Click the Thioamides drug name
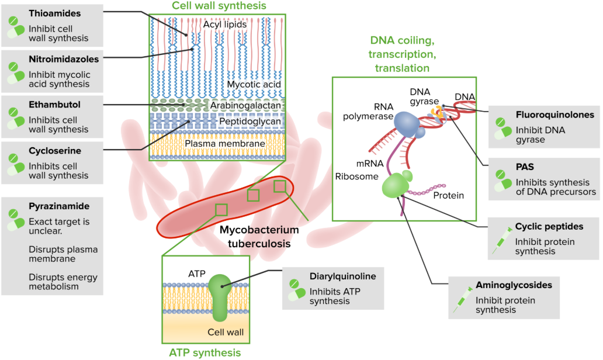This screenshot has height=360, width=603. pos(54,13)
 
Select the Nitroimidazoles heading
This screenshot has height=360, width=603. pos(64,59)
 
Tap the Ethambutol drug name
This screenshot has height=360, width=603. pos(54,105)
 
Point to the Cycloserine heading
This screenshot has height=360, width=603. pos(55,151)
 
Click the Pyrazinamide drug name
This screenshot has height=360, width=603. pos(59,206)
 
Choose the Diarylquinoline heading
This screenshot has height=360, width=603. pos(342,276)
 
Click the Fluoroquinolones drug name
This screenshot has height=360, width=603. pos(555,115)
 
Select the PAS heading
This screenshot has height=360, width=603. pos(525,167)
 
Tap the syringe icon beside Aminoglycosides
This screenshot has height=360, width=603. pos(463,300)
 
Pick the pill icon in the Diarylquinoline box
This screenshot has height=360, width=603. pos(296,290)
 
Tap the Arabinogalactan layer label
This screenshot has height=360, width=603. pos(245,105)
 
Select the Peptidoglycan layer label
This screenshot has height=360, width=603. pos(250,122)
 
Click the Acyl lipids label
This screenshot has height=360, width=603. pos(225,25)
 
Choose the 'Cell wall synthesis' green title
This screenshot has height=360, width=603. pos(219,6)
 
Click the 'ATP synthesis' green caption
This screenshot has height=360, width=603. pos(205,352)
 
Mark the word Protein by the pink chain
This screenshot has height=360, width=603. pos(448,195)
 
